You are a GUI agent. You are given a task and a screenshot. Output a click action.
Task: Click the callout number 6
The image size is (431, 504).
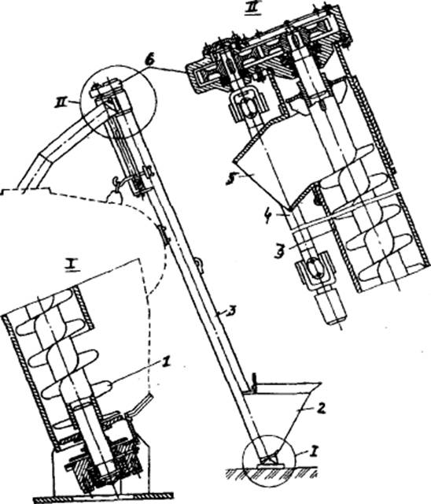[148, 61]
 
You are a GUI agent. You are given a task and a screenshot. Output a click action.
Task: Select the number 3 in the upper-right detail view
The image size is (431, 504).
[282, 248]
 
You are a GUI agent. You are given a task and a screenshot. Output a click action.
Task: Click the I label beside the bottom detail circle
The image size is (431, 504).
[314, 452]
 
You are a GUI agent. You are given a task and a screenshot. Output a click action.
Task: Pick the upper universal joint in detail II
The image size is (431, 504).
[246, 104]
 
